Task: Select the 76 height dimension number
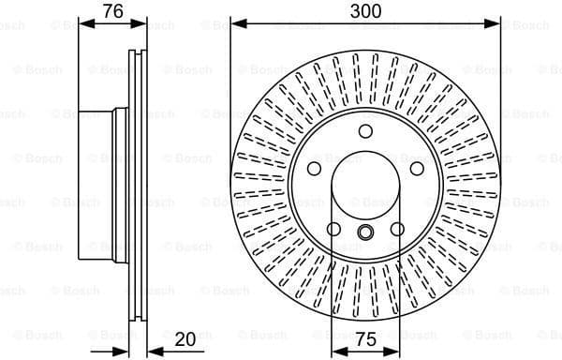[113, 11]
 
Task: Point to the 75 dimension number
[366, 340]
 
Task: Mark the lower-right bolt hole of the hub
[398, 230]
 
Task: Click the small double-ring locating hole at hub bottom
[366, 234]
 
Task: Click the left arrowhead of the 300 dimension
[235, 23]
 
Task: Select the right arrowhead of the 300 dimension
[497, 23]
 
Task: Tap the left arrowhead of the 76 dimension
[82, 23]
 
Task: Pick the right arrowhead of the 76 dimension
[142, 23]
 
